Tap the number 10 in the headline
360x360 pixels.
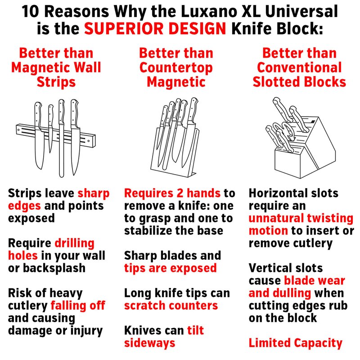pos(31,11)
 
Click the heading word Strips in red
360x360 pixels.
pos(56,82)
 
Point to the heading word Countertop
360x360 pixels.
pos(176,68)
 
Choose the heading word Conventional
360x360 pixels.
pos(299,68)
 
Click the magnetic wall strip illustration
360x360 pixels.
pos(56,138)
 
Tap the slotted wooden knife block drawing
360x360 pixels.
pos(301,138)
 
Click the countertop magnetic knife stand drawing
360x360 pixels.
pos(175,137)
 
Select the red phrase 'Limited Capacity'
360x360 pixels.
pos(296,343)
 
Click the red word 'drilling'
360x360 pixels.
pos(74,243)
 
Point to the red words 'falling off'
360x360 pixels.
pos(78,306)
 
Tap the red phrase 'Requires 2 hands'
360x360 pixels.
pos(172,193)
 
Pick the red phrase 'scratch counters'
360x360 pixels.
pos(171,306)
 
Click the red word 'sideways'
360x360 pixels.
pos(150,343)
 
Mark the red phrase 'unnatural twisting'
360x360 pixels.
pos(301,218)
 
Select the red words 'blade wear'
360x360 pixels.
pos(315,280)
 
